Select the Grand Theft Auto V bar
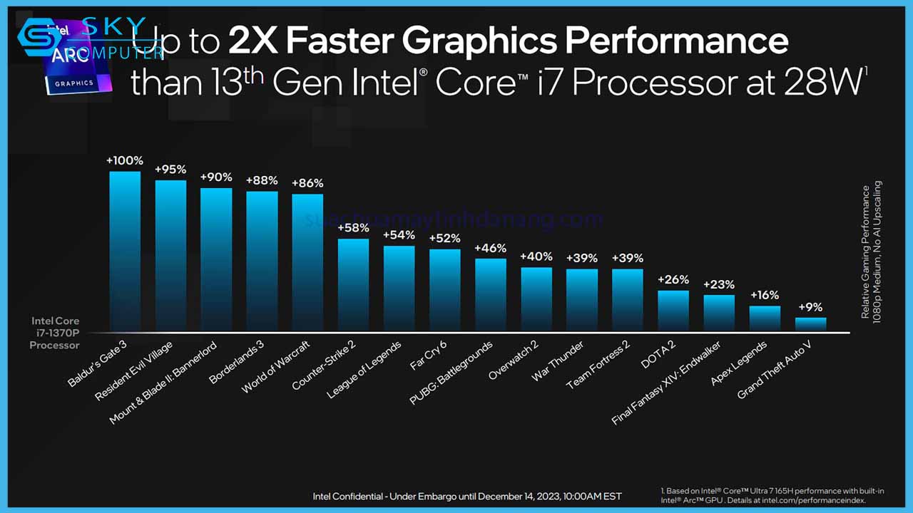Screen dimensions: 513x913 click(x=810, y=324)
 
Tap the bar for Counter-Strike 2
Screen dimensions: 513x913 click(x=353, y=285)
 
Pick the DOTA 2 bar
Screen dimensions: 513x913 click(x=673, y=311)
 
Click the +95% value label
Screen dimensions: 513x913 click(x=170, y=170)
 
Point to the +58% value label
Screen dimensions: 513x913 click(x=353, y=228)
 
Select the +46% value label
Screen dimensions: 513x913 click(x=490, y=248)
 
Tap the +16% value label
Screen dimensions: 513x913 click(x=764, y=295)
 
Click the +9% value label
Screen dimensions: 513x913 click(x=810, y=307)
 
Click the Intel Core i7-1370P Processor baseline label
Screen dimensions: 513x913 click(x=55, y=333)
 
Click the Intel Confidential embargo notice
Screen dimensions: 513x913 click(x=467, y=496)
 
